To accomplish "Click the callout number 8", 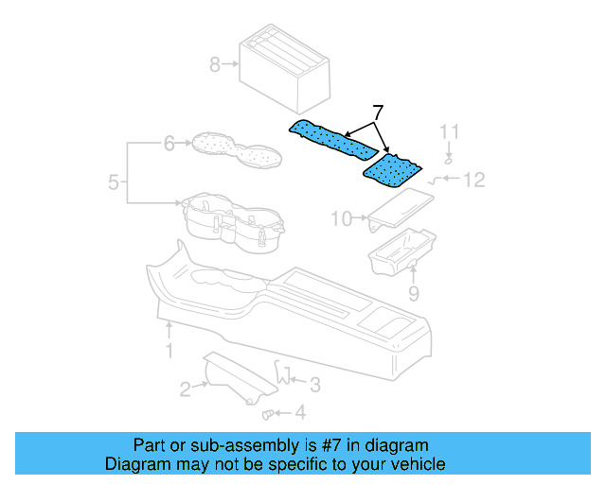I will pos(214,64).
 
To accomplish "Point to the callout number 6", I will pos(169,144).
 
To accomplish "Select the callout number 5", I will pos(113,182).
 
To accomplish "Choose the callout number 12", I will pos(474,178).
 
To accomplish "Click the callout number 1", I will pos(169,351).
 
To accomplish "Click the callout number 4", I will pos(300,412).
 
